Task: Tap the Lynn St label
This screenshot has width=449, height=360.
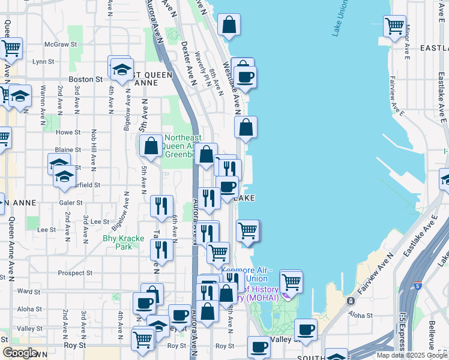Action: tap(43, 61)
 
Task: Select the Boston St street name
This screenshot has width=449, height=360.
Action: tap(86, 79)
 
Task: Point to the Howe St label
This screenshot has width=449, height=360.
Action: tap(68, 132)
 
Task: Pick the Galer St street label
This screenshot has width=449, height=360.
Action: tap(71, 203)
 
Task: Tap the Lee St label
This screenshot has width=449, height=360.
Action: tap(46, 230)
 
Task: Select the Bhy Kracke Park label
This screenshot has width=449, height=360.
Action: tap(123, 242)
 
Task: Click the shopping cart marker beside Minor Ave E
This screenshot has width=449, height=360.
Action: tap(394, 25)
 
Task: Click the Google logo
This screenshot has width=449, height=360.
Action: tap(20, 353)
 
